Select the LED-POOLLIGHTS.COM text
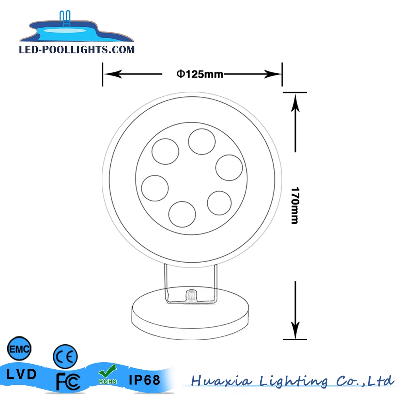77,50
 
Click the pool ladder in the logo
65,19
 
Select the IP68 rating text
144,380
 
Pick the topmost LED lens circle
202,142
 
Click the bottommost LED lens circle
182,214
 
